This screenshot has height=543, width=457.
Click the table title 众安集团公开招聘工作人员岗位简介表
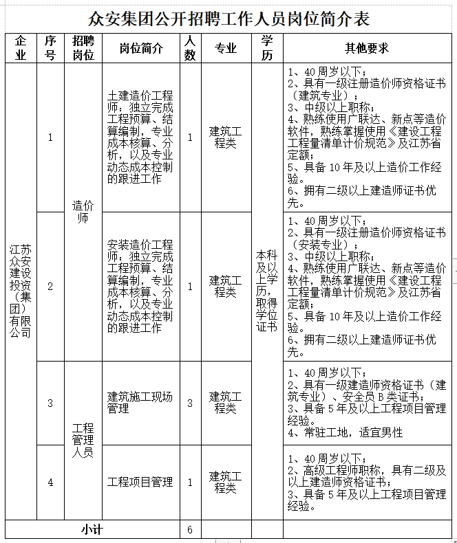228,17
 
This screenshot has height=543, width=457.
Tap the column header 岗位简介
141,48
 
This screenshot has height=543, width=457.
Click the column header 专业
226,48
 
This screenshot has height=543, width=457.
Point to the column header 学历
267,48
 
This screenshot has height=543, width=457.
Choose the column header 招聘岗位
83,48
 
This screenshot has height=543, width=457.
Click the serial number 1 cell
50,137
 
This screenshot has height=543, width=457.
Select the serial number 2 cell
50,286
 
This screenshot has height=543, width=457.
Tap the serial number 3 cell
50,403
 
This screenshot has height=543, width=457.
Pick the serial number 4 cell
50,483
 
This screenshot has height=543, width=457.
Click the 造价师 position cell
83,211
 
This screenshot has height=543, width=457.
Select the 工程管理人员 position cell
83,441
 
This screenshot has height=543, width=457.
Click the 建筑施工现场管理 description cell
140,403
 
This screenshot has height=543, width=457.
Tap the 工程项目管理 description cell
140,483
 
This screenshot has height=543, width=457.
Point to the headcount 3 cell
190,403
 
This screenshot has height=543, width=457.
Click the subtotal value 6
190,529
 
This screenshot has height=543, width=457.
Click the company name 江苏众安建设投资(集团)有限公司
21,289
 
